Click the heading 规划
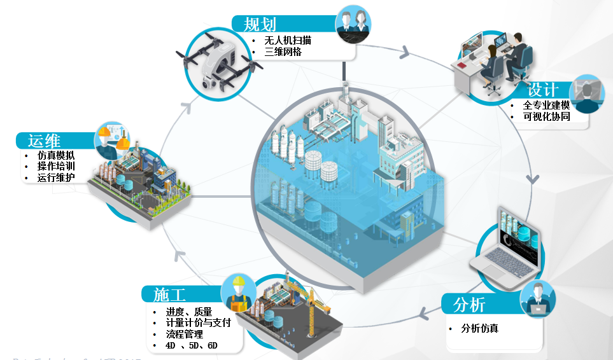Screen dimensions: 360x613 coord(260,24)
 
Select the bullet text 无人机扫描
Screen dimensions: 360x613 coord(288,40)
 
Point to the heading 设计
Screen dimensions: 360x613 coord(542,90)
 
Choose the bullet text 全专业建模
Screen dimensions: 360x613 coord(546,105)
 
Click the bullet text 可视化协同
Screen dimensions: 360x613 coord(546,117)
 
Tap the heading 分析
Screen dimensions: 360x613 coord(469,305)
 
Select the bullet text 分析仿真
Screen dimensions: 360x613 coord(480,329)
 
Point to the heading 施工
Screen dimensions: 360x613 coord(169,294)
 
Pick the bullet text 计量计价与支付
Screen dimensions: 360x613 coord(198,323)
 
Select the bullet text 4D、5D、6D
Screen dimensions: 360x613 coord(192,346)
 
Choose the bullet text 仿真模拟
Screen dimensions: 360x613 coord(56,155)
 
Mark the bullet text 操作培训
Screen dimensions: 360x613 coord(56,167)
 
